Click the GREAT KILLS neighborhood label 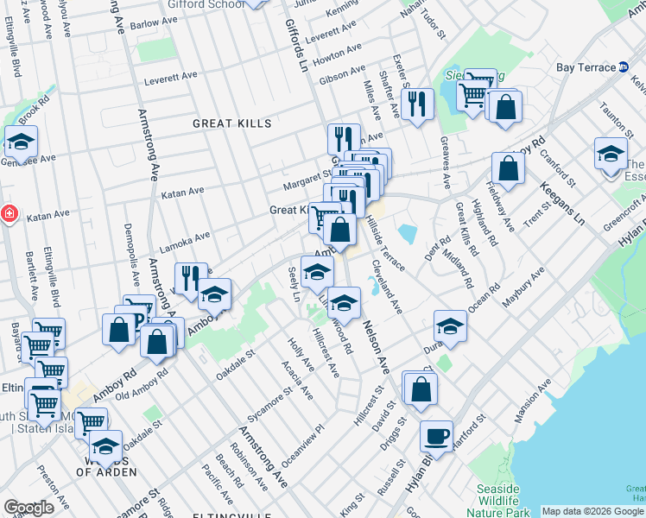[231, 123]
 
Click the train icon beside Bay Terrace [624, 67]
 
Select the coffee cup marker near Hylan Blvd [437, 434]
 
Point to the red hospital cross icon [8, 213]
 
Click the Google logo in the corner [28, 508]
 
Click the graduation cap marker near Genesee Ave [21, 140]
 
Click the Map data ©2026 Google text [592, 511]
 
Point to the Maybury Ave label [526, 285]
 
